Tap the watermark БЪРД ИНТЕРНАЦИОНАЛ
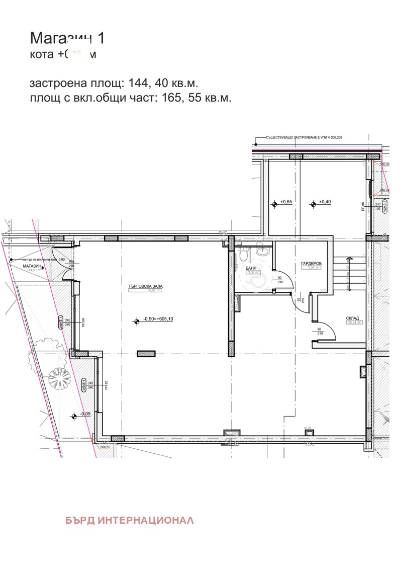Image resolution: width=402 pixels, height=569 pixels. click(x=129, y=520)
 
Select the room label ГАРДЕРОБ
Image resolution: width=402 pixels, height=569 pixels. click(x=311, y=264)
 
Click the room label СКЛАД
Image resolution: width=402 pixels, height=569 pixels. click(x=352, y=318)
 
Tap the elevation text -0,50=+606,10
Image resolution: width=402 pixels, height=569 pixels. click(x=158, y=319)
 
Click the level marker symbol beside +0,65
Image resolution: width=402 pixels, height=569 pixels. click(x=274, y=204)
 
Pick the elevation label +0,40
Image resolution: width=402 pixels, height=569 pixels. click(x=326, y=202)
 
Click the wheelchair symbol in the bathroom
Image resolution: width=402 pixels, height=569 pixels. click(x=261, y=281)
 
